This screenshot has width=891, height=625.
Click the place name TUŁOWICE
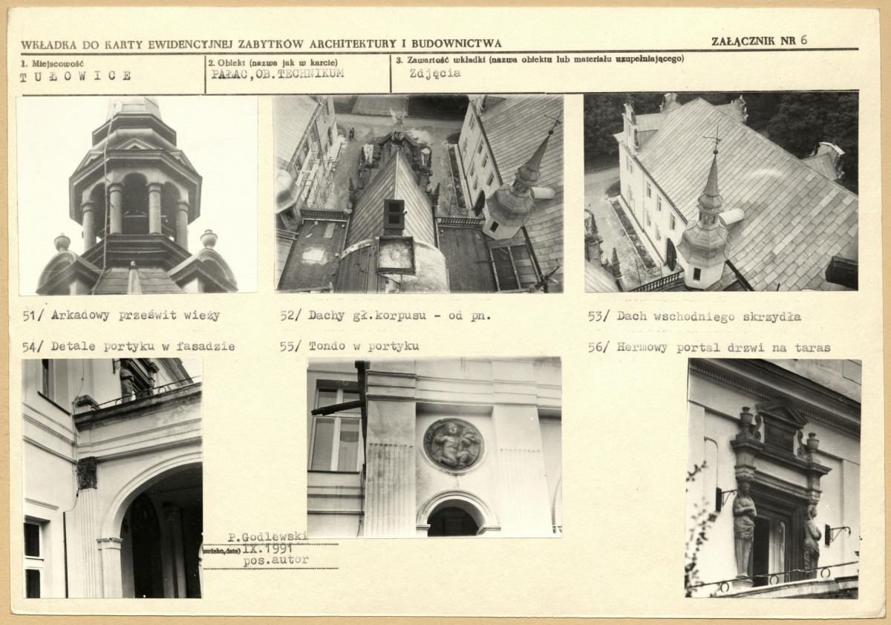75,76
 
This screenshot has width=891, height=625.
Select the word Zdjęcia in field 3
435,73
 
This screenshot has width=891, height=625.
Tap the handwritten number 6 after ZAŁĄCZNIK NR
803,40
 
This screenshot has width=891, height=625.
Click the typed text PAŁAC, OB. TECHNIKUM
277,74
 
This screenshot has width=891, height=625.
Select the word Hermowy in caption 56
642,348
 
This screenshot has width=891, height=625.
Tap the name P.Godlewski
268,537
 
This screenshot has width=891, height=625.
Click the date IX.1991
268,549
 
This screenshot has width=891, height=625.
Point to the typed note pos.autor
275,560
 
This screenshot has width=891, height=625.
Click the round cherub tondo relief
454,445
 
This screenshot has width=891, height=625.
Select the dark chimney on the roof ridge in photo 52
394,215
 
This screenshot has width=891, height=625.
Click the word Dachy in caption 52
326,315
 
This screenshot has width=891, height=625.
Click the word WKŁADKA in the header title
48,45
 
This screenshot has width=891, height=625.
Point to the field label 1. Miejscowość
52,64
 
